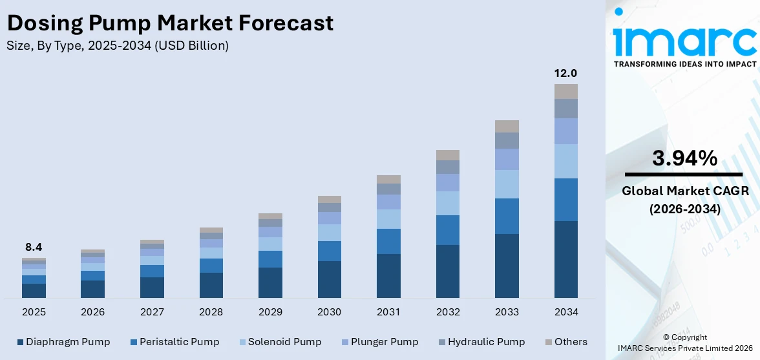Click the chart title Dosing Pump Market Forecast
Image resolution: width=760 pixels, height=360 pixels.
pos(170,23)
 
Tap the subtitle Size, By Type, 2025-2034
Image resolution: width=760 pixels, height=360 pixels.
pos(117,46)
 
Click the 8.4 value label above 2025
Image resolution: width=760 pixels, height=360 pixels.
pos(34,247)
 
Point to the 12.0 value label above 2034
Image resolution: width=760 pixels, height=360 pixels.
pos(565,73)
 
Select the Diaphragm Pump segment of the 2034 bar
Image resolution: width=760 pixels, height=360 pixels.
pos(565,259)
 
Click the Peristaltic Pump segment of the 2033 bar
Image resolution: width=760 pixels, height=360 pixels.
pos(507,216)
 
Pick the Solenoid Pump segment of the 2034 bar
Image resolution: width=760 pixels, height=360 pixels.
pos(565,161)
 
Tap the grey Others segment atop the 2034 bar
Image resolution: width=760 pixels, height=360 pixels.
pos(565,91)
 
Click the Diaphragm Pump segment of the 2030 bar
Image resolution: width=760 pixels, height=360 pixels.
pos(329,279)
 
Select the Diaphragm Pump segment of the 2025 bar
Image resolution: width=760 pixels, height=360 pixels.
pos(34,291)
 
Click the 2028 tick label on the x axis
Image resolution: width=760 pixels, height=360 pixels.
pos(211,312)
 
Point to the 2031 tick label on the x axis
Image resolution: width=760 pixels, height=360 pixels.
pos(388,312)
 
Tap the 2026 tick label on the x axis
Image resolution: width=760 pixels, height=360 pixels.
pos(92,312)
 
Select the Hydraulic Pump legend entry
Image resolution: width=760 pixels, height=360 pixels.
pos(481,342)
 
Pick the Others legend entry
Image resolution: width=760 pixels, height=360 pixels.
pos(565,342)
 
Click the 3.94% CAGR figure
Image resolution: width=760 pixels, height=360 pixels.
pos(684,158)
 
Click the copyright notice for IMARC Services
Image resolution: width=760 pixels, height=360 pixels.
pos(684,343)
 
